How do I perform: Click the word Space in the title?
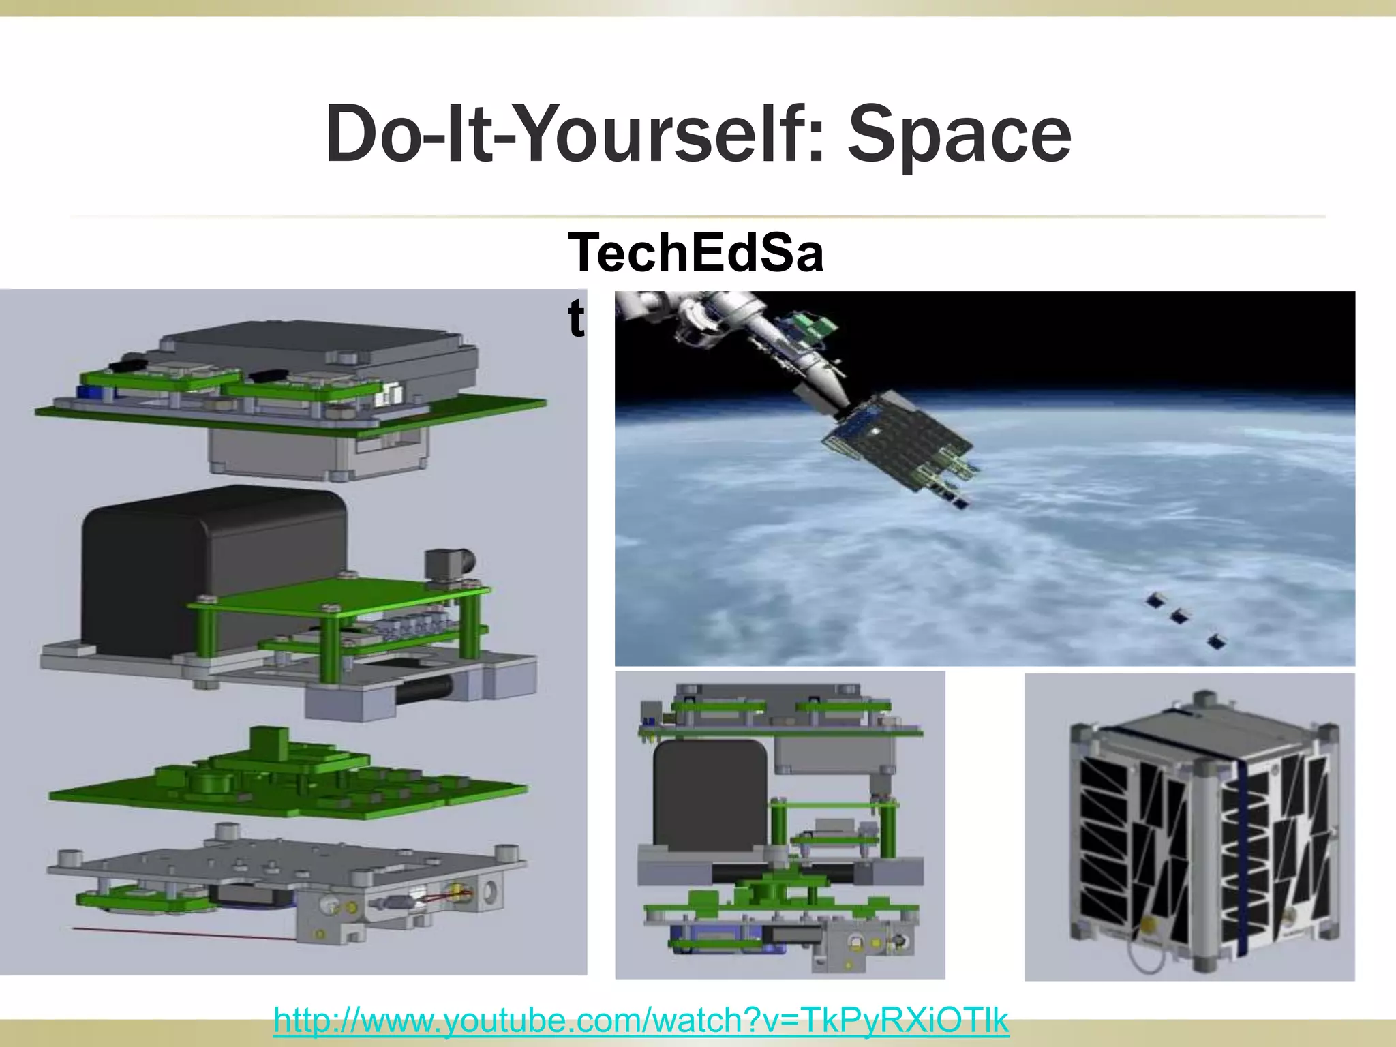[x=959, y=134]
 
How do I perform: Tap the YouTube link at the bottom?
[x=641, y=1020]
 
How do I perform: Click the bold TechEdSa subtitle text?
[x=695, y=252]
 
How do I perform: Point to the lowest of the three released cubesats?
[x=1215, y=641]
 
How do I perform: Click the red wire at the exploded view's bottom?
[x=184, y=932]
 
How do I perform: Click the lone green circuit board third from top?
[x=286, y=784]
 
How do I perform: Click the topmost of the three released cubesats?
[x=1155, y=601]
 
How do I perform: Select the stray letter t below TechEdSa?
[x=576, y=317]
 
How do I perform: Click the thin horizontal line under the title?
[x=698, y=217]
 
